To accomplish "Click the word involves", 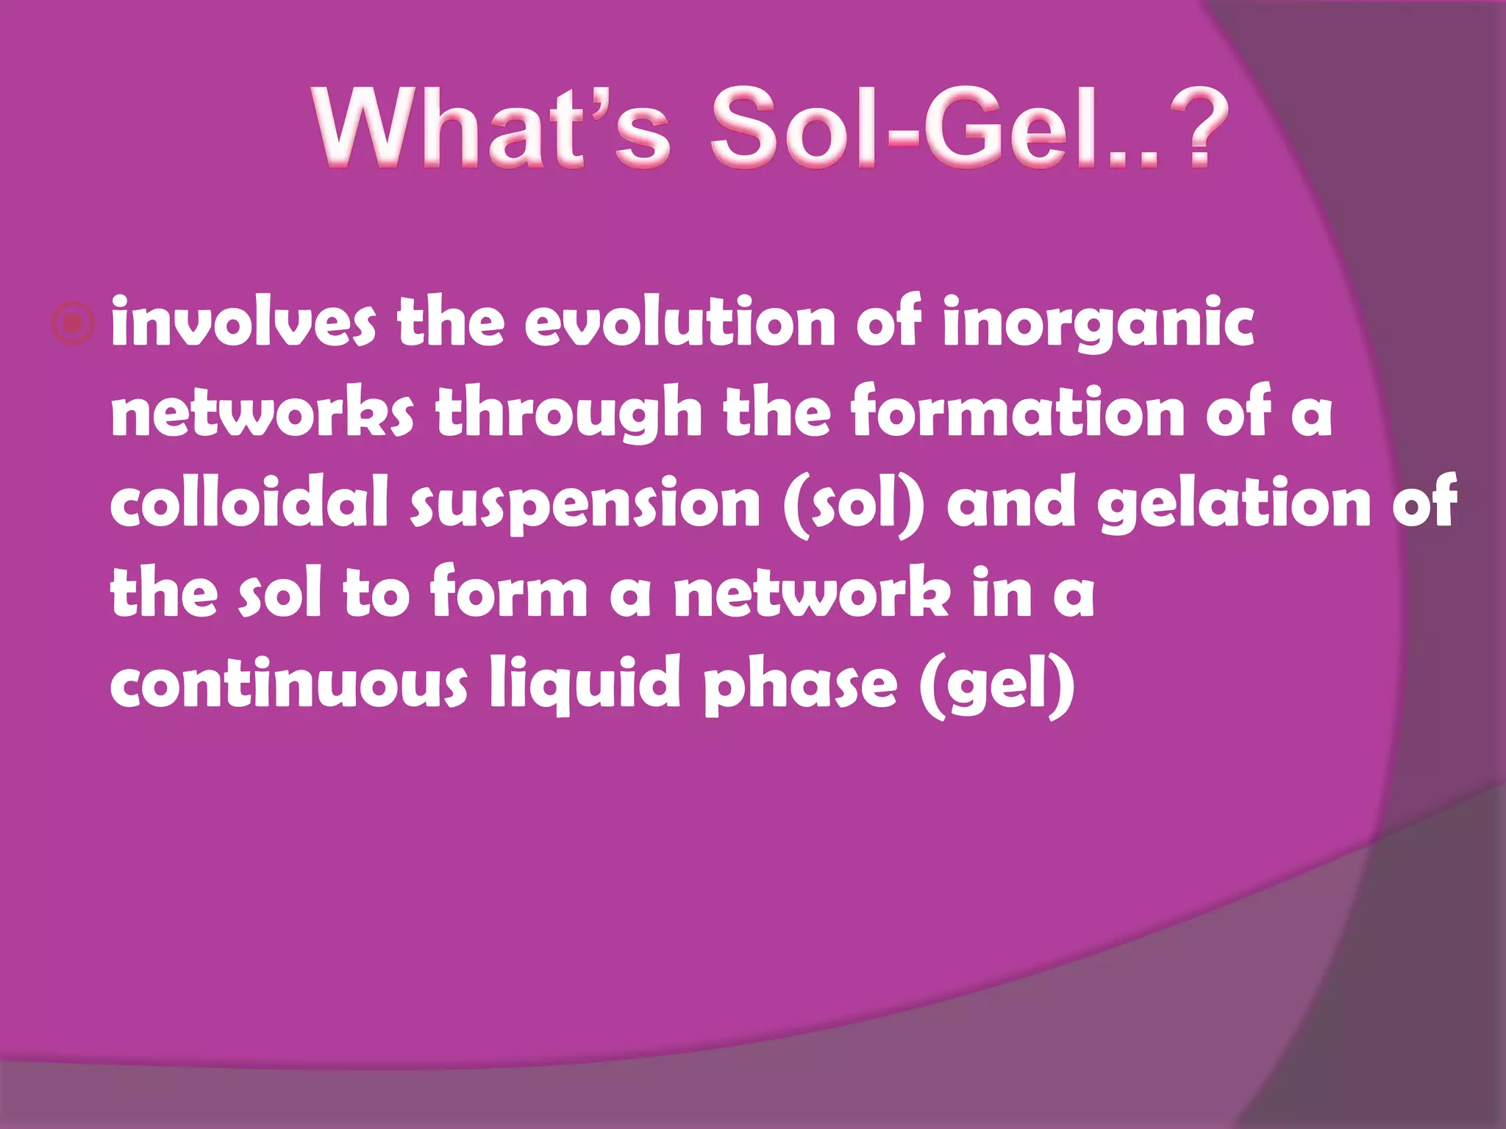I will [243, 323].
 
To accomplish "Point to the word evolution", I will [679, 323].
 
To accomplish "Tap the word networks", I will [262, 413].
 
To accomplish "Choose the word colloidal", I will [249, 503].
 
